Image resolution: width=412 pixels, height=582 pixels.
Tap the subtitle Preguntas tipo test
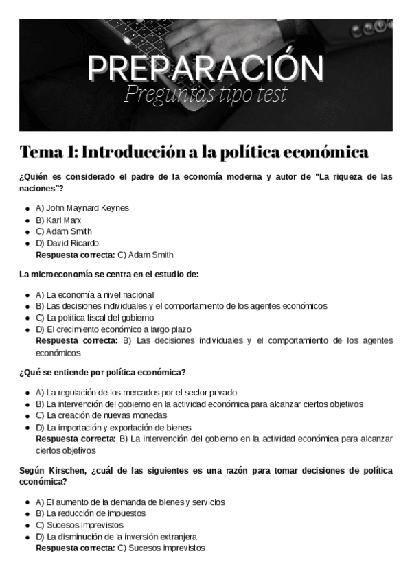(x=205, y=95)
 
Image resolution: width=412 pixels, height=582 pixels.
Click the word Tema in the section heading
(x=43, y=152)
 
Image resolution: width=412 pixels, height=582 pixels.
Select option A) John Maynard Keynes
(x=82, y=207)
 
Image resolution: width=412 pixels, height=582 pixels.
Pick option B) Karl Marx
(x=58, y=220)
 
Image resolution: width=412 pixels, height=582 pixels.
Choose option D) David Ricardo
(x=67, y=243)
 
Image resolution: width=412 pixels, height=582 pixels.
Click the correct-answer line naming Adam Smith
(x=104, y=255)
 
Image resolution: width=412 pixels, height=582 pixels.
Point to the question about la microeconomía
(x=109, y=275)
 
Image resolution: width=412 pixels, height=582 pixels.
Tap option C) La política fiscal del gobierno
(x=95, y=318)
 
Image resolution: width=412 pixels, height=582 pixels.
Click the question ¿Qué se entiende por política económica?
(x=103, y=373)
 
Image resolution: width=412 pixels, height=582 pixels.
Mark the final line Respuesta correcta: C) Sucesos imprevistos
(x=120, y=548)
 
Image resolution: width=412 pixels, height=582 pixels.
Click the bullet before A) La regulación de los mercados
(x=27, y=393)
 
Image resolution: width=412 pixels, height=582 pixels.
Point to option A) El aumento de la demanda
(x=130, y=502)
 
